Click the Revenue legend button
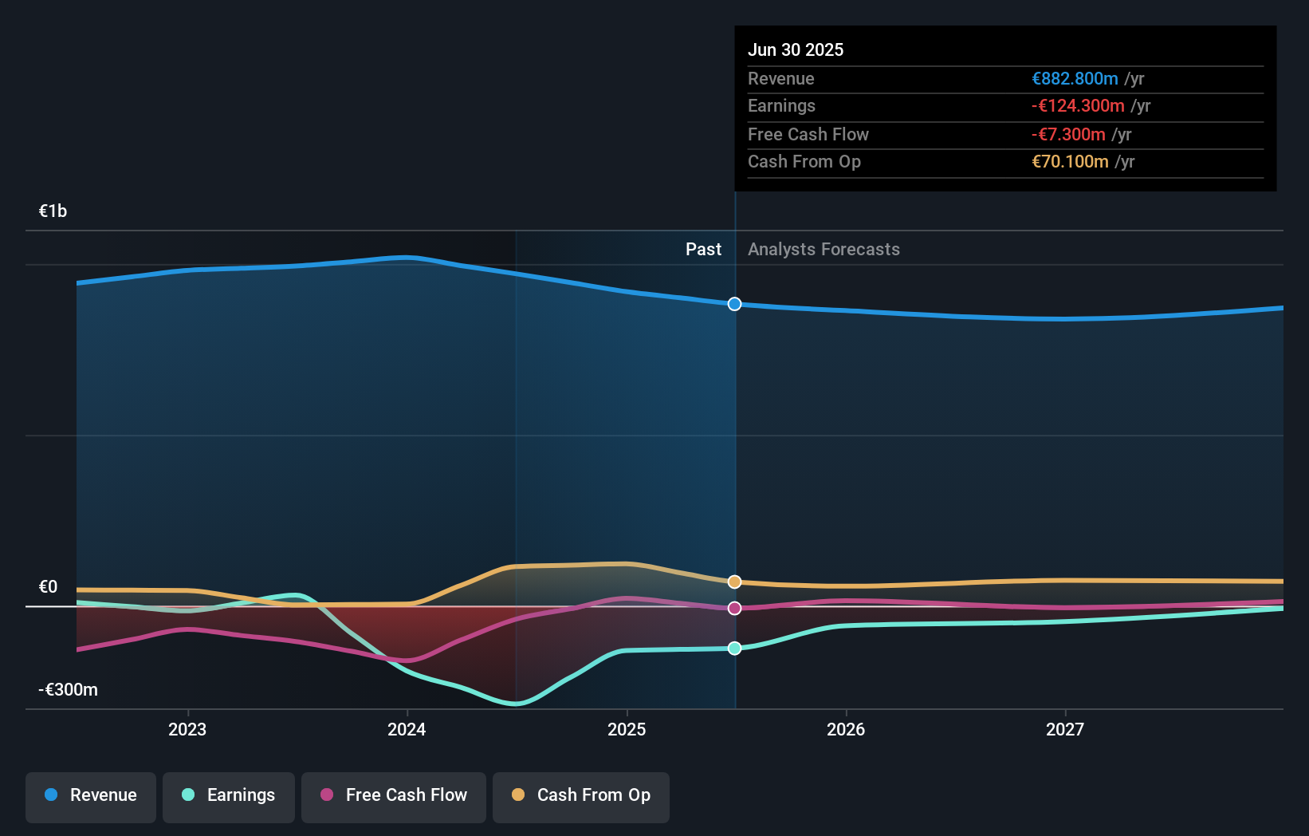coord(91,795)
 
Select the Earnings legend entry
coord(229,795)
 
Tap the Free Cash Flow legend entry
coord(394,795)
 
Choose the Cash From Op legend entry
coord(581,795)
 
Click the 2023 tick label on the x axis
coord(187,729)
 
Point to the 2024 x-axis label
coord(407,729)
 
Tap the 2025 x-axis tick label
coord(627,729)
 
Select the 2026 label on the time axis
coord(846,729)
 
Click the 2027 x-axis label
coord(1065,729)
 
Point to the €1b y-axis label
coord(53,211)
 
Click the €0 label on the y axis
coord(49,587)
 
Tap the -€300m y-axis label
coord(69,689)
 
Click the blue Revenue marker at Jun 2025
coord(734,304)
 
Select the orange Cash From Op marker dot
coord(734,582)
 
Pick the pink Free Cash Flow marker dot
coord(734,608)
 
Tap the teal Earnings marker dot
coord(734,648)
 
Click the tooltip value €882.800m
coord(1075,79)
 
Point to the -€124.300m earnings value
coord(1078,106)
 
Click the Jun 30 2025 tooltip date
coord(796,49)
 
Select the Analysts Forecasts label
coord(824,250)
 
